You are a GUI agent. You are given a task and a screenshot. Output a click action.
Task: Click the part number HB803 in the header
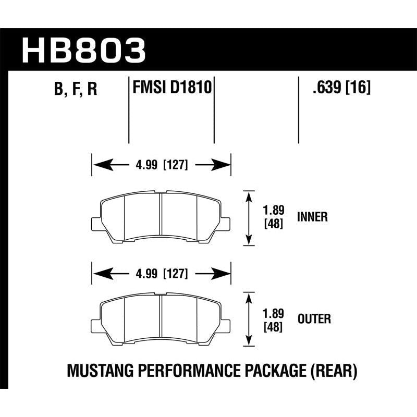tap(83, 50)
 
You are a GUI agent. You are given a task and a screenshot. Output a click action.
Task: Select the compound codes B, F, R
tap(76, 90)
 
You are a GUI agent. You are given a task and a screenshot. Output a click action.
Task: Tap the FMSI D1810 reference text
tap(171, 87)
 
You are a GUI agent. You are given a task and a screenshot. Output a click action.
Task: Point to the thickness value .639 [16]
tap(341, 88)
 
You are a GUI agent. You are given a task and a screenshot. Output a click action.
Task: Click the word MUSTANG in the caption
tap(99, 371)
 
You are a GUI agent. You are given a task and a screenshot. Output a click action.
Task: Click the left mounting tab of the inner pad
tap(96, 223)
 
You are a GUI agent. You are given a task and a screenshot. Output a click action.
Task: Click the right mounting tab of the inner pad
tap(226, 223)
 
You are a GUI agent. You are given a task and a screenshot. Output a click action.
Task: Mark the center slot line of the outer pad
tap(161, 319)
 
